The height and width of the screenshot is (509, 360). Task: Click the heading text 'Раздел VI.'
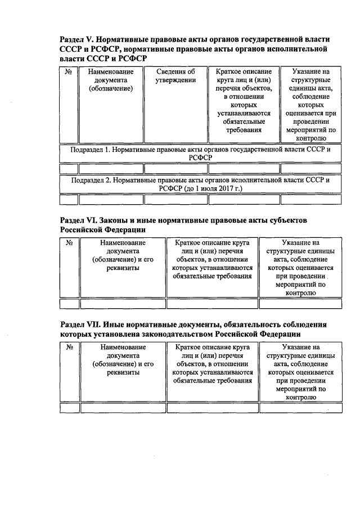tap(82, 220)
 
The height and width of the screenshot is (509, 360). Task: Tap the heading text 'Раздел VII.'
tap(83, 325)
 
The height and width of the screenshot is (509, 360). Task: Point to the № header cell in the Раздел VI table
tap(70, 243)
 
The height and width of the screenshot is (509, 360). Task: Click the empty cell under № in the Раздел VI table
tap(70, 304)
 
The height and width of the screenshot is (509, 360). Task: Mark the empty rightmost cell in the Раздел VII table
tap(301, 408)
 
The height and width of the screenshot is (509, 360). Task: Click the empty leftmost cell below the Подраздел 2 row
tap(68, 199)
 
